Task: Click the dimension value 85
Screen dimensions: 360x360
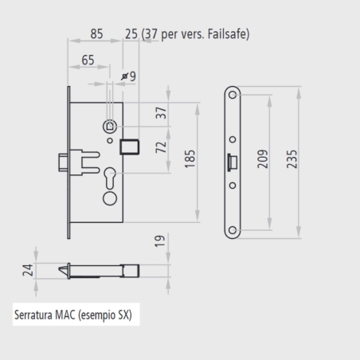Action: [x=96, y=34]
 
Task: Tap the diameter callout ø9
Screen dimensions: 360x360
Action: [x=128, y=76]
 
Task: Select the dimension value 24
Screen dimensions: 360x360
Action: [x=26, y=270]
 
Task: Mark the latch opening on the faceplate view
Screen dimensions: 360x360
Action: [x=230, y=162]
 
